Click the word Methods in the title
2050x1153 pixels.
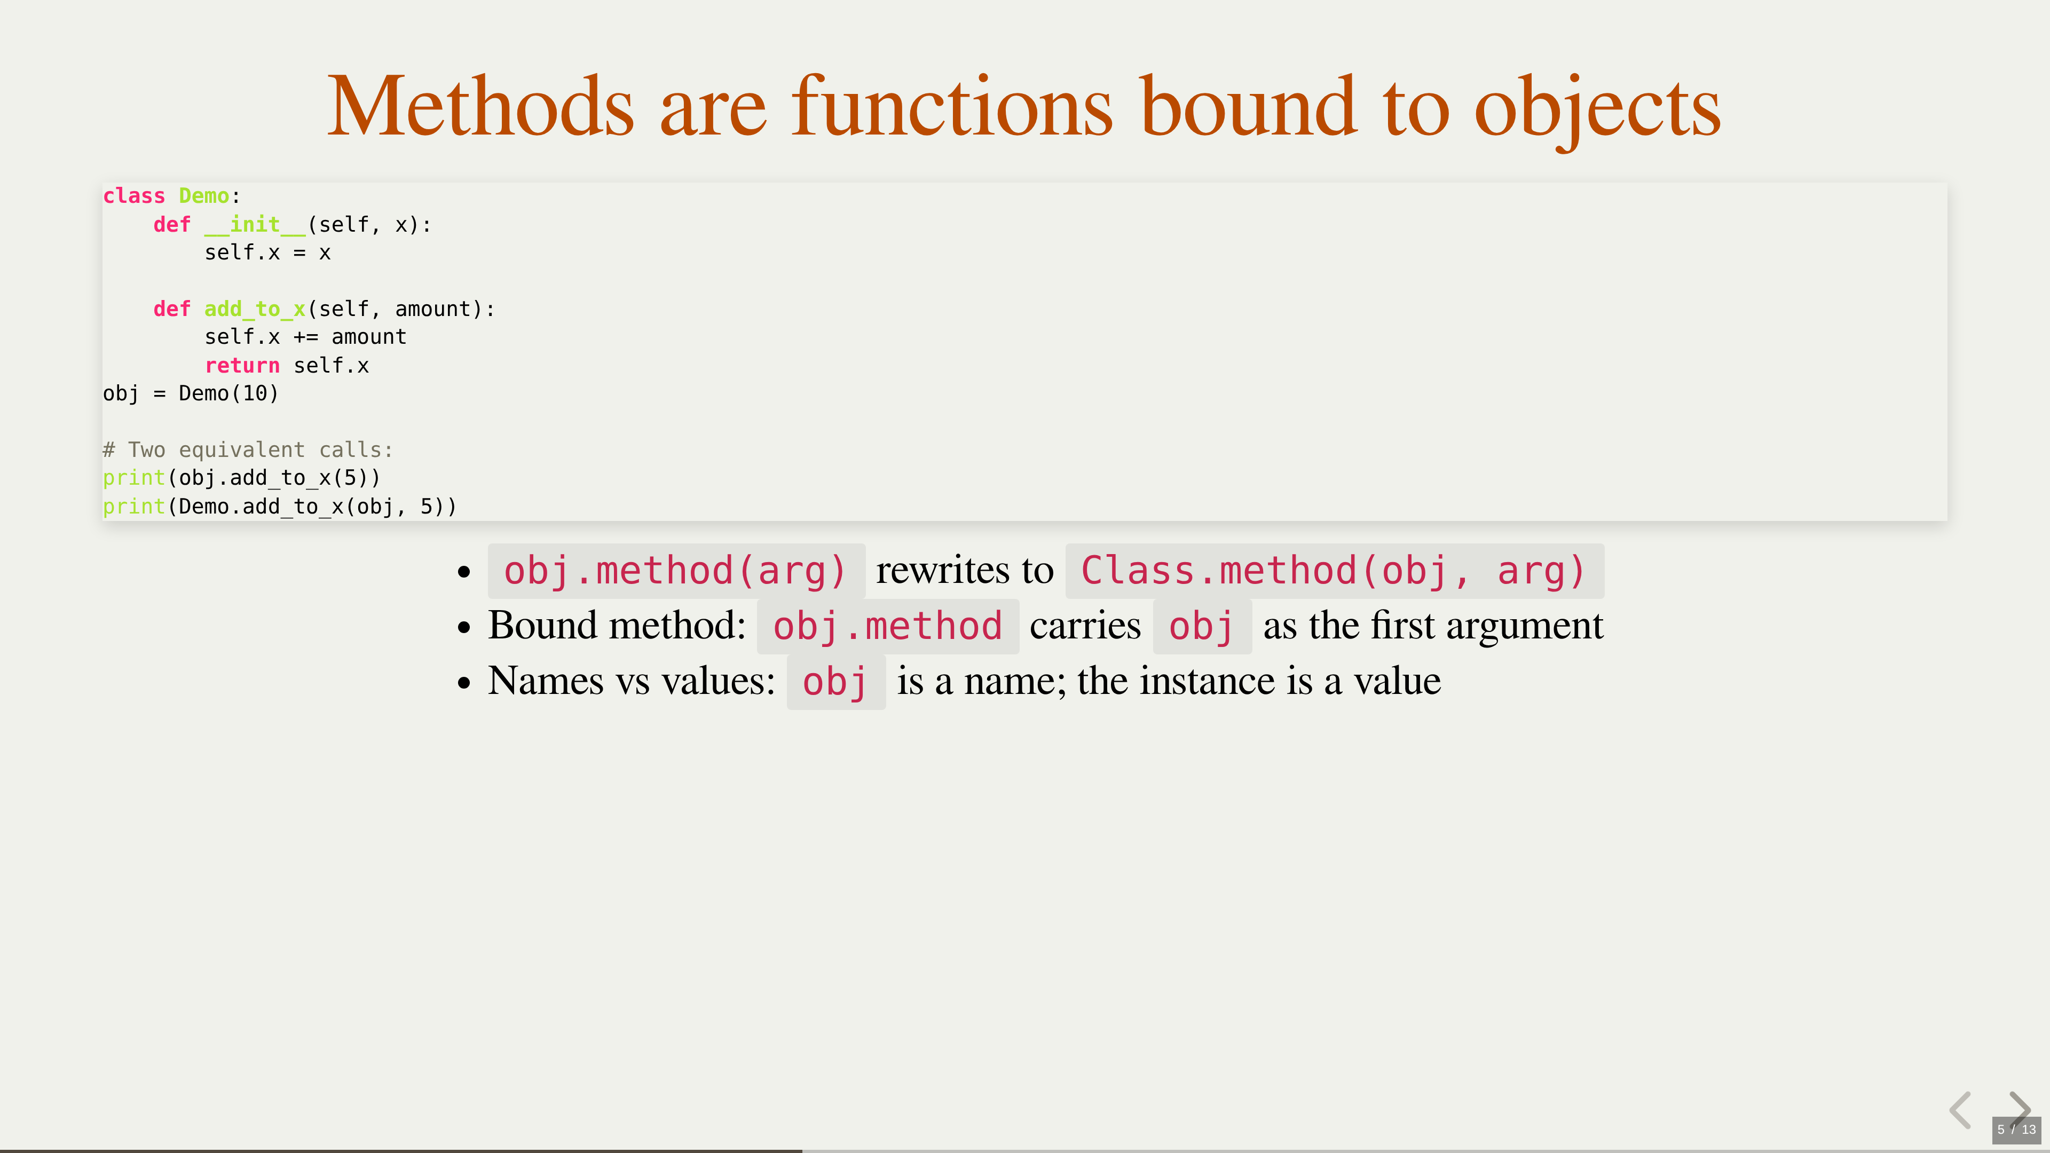pyautogui.click(x=480, y=107)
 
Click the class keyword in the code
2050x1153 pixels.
pyautogui.click(x=133, y=196)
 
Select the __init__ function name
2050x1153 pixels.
pyautogui.click(x=255, y=224)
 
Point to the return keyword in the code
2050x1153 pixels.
pyautogui.click(x=242, y=365)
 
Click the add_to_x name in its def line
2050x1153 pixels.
pyautogui.click(x=255, y=309)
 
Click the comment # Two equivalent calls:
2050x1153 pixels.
pyautogui.click(x=248, y=449)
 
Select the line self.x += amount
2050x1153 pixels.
pyautogui.click(x=305, y=337)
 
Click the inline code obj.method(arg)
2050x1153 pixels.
pyautogui.click(x=676, y=571)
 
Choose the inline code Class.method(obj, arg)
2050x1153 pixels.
pyautogui.click(x=1335, y=571)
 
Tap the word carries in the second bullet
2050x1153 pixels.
pyautogui.click(x=1085, y=626)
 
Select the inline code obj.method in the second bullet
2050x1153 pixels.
pyautogui.click(x=887, y=626)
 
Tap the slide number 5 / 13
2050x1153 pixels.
pyautogui.click(x=2016, y=1129)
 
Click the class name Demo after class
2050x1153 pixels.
pyautogui.click(x=204, y=196)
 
